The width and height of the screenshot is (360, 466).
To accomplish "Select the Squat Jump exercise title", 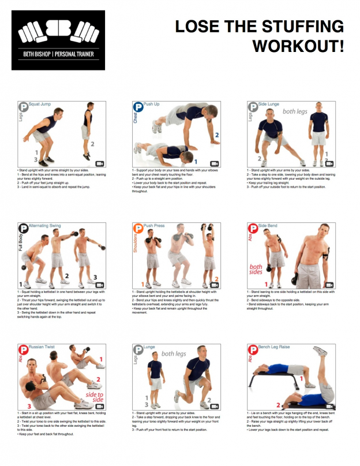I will click(x=40, y=105).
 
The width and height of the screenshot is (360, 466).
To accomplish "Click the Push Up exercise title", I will click(x=152, y=105).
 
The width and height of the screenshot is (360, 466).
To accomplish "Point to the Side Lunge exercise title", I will click(x=269, y=105).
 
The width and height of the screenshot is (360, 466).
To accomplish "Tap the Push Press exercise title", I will click(x=155, y=226).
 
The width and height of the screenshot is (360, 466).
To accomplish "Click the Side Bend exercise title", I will click(x=268, y=226).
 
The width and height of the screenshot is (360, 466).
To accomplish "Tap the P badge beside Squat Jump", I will click(x=24, y=107).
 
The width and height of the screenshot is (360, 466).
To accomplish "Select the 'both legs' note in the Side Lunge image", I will click(x=295, y=111).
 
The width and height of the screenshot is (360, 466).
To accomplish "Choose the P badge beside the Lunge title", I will click(x=138, y=350).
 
